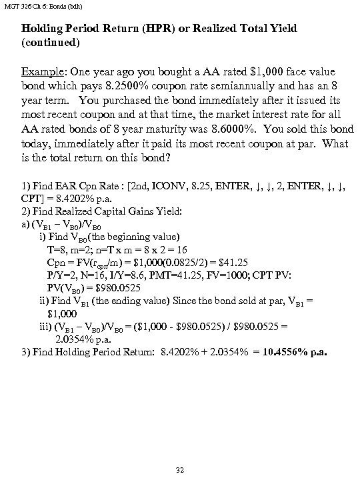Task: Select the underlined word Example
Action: click(43, 71)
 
